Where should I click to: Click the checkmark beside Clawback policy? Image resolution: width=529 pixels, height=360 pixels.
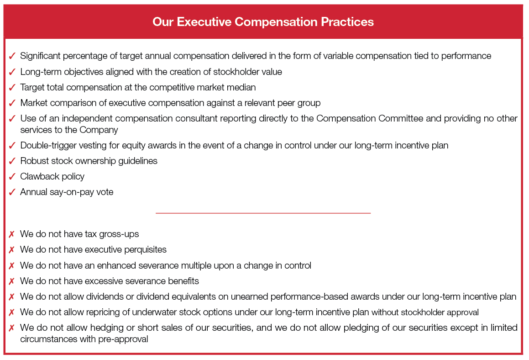pos(12,176)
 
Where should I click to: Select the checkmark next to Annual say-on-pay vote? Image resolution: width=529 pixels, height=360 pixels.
pos(12,192)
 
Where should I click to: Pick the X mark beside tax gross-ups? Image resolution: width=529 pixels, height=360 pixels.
pos(12,234)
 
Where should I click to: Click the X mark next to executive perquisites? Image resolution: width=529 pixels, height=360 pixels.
pos(12,249)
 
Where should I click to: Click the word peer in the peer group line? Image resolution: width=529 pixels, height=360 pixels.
pos(286,103)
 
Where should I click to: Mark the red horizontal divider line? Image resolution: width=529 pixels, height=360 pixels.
pos(263,213)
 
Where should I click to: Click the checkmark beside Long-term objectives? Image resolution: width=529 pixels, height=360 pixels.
pos(12,72)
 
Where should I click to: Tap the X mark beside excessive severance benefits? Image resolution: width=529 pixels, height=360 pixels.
pos(12,281)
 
